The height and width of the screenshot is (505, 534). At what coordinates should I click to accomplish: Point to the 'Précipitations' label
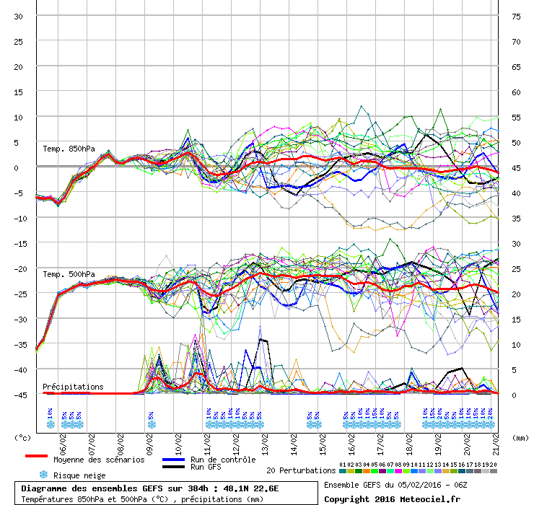73,387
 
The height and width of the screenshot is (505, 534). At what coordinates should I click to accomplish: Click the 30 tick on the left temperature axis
19,16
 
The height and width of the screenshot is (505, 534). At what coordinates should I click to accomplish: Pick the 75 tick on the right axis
516,16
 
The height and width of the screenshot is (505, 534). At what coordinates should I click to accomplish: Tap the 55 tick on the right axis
516,117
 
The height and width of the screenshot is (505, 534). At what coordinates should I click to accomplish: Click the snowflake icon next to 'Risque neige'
43,475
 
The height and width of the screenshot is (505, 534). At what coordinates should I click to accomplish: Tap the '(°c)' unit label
23,437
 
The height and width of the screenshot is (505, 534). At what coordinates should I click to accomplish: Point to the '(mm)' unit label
520,437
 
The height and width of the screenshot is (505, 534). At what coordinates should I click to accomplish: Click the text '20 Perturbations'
300,470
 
